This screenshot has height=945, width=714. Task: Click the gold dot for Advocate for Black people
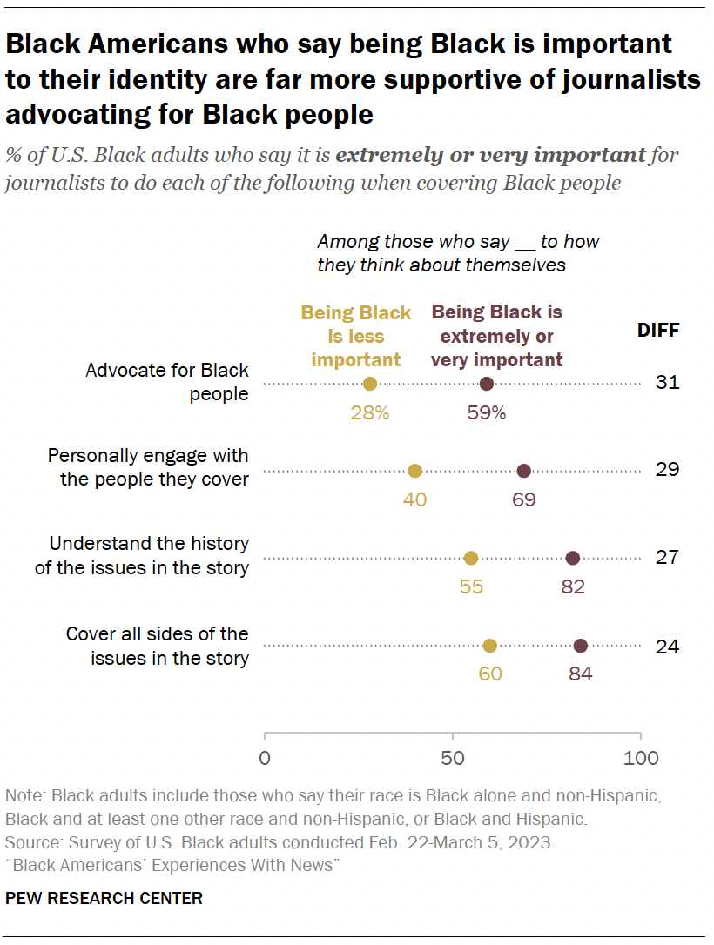(370, 384)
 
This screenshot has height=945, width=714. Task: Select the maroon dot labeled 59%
(487, 384)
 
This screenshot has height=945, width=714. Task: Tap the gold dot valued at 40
(415, 471)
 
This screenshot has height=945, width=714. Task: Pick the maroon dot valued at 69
(524, 471)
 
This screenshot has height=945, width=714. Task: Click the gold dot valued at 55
(471, 558)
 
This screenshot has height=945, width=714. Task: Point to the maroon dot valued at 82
(573, 558)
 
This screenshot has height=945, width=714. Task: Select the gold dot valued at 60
(490, 646)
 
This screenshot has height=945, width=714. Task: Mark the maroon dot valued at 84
(581, 646)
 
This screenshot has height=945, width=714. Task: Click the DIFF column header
(658, 331)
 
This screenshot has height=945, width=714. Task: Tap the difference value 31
(667, 383)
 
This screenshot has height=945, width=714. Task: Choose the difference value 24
(667, 647)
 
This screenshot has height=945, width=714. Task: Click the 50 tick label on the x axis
(453, 758)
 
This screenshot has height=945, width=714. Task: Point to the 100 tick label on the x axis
(642, 758)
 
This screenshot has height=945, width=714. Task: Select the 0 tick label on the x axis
(265, 758)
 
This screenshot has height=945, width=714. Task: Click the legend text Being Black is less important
(356, 337)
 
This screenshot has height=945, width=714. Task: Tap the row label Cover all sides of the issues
(157, 646)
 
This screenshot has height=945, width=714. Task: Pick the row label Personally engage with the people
(148, 467)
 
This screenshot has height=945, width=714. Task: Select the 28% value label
(370, 413)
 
